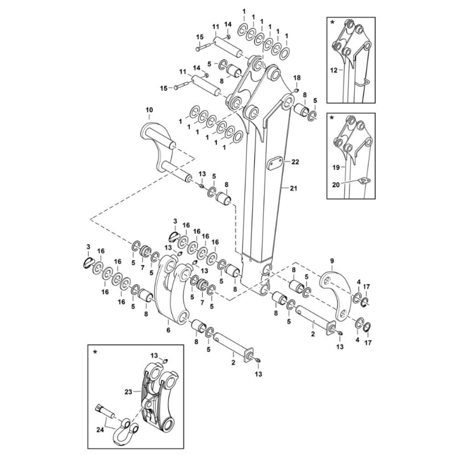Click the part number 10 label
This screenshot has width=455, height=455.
pyautogui.click(x=149, y=110)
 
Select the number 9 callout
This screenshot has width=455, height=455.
pyautogui.click(x=332, y=261)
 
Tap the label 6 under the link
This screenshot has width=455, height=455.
pyautogui.click(x=168, y=330)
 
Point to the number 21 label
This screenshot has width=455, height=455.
pyautogui.click(x=293, y=188)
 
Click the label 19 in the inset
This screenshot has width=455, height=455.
pyautogui.click(x=335, y=167)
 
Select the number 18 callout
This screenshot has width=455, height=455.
pyautogui.click(x=297, y=79)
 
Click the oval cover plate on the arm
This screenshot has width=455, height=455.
pyautogui.click(x=275, y=164)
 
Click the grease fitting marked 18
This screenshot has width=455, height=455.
pyautogui.click(x=294, y=90)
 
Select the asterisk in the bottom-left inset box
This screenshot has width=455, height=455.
pyautogui.click(x=95, y=352)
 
